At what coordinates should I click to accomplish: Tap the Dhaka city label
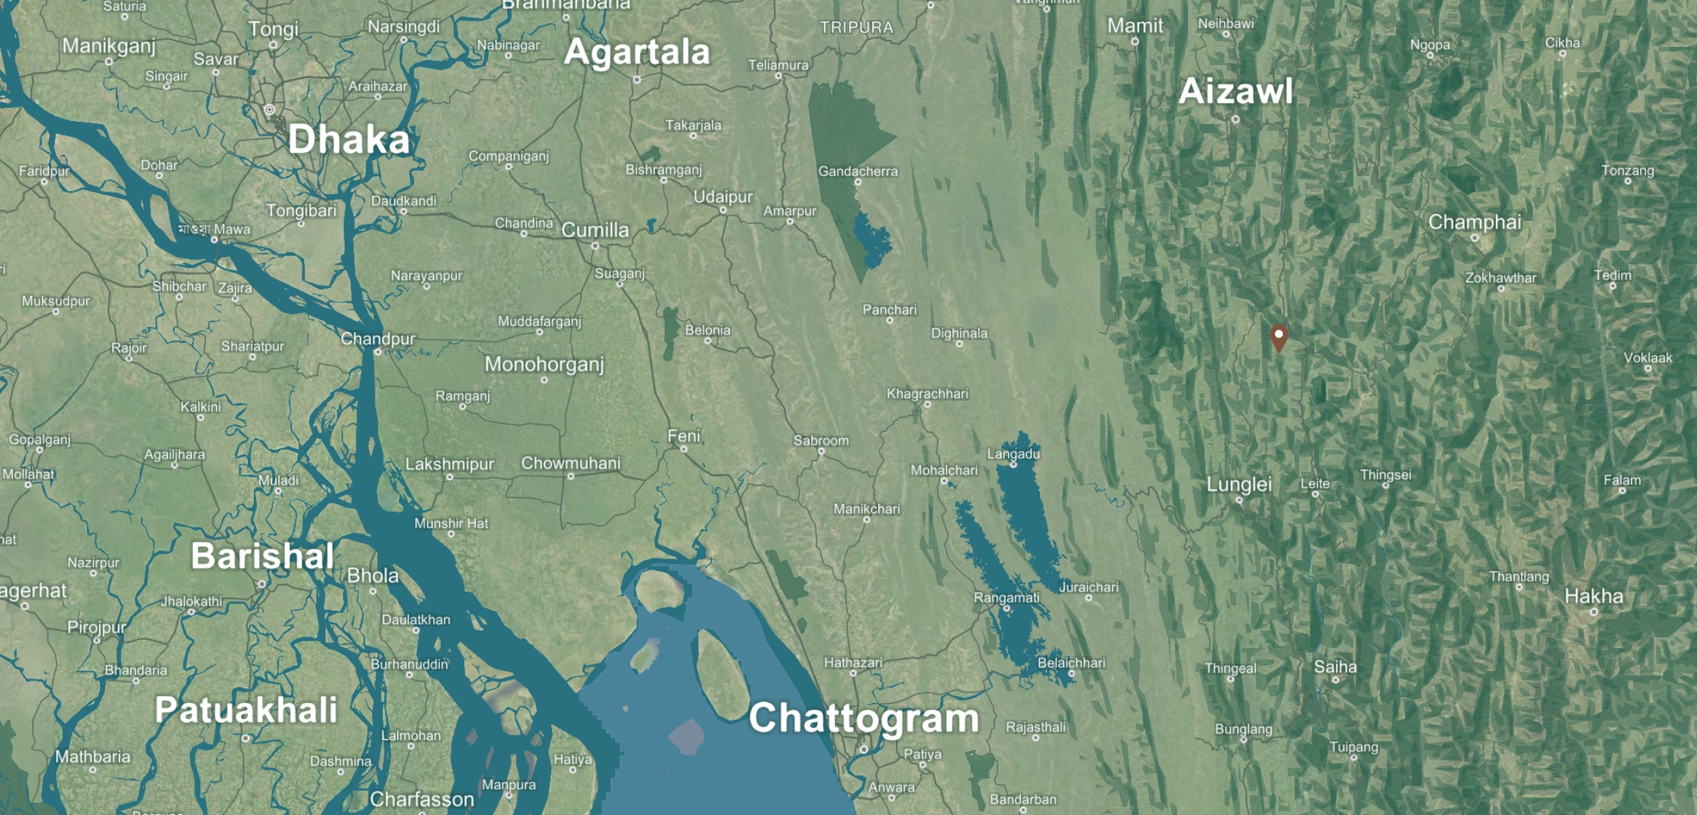(x=349, y=139)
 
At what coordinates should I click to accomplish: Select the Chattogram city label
(x=863, y=718)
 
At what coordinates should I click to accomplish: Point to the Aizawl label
(x=1235, y=91)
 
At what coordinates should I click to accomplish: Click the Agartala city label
(x=637, y=52)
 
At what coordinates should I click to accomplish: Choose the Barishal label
(x=262, y=556)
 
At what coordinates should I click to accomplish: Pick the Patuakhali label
(x=246, y=710)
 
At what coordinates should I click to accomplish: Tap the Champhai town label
(x=1474, y=222)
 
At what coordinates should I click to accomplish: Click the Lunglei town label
(x=1239, y=484)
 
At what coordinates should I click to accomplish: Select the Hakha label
(x=1594, y=596)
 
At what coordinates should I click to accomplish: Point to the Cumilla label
(x=595, y=230)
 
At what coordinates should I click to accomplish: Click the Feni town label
(x=684, y=436)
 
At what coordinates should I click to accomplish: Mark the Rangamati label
(x=1006, y=598)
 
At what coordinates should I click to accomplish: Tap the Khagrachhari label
(x=927, y=394)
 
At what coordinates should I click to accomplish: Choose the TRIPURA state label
(x=856, y=28)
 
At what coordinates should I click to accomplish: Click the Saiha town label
(x=1335, y=667)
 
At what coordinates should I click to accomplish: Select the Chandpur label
(x=377, y=339)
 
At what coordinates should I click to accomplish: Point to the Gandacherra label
(x=857, y=171)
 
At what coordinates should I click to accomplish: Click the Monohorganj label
(x=544, y=365)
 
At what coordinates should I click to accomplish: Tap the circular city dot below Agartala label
(x=637, y=79)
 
